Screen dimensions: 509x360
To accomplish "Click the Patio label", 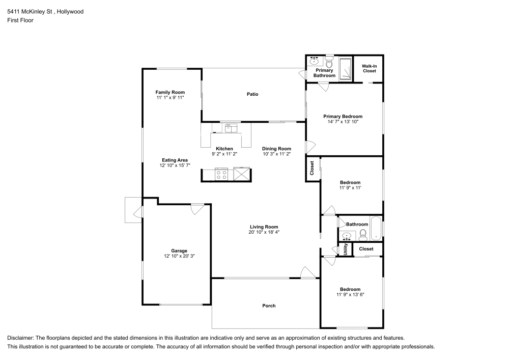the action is [x=252, y=94].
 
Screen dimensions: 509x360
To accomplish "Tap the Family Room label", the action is [x=170, y=92].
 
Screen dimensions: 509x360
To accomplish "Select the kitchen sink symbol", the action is [x=231, y=128].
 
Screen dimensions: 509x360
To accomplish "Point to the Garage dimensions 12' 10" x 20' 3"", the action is [x=179, y=256].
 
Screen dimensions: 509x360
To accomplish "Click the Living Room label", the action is [x=264, y=227].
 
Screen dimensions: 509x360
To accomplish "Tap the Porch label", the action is [x=269, y=306].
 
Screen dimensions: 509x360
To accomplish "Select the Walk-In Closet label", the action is [x=370, y=69].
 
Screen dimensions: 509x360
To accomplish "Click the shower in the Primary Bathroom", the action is [x=346, y=69].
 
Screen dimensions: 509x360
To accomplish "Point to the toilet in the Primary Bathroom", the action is [x=329, y=61].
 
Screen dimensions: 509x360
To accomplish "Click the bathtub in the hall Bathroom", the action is [x=376, y=228].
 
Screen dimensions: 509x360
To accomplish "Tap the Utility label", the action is [x=346, y=249].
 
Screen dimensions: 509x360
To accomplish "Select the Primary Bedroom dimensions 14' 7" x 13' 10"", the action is [x=343, y=122].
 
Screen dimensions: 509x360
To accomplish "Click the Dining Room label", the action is [x=276, y=149].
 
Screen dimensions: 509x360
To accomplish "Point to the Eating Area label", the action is [x=175, y=160].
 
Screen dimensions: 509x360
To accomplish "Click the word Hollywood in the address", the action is [x=70, y=12].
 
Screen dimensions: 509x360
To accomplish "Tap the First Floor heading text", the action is [x=20, y=20].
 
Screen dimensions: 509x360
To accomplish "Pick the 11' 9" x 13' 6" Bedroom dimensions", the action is [x=350, y=295].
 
